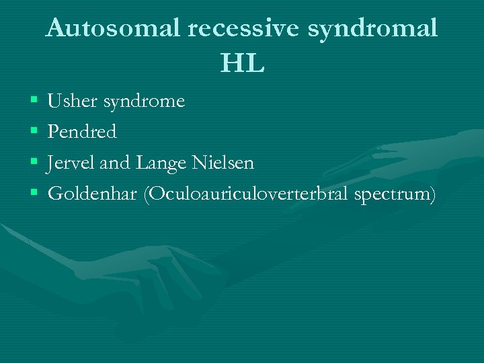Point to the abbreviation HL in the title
242,65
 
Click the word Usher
72,102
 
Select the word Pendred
83,132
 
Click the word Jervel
71,163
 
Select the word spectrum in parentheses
397,195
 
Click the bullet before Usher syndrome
34,102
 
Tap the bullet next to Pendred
34,132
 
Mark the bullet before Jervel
34,163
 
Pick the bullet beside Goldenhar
34,194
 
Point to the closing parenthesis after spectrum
432,194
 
